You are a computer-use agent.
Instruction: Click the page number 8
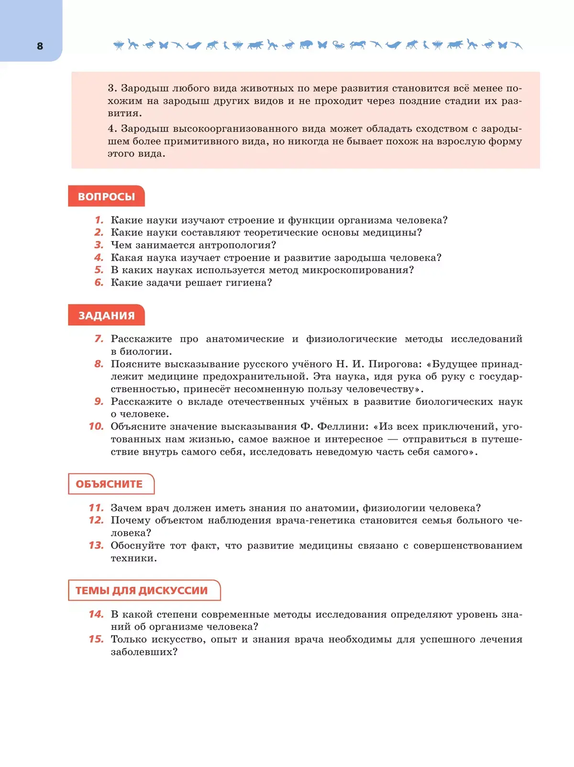click(40, 46)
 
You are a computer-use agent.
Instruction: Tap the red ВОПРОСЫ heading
click(106, 197)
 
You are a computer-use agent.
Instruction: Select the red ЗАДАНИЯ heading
click(106, 316)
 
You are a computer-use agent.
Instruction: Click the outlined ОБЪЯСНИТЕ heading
click(110, 484)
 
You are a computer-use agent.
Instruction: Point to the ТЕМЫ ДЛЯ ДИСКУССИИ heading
click(142, 591)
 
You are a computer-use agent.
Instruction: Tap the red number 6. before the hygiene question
click(99, 283)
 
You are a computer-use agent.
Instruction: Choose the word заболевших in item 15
click(143, 652)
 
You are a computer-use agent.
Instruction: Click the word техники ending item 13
click(133, 559)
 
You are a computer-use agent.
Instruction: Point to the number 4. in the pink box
click(112, 129)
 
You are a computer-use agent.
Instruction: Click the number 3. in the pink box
click(112, 88)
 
